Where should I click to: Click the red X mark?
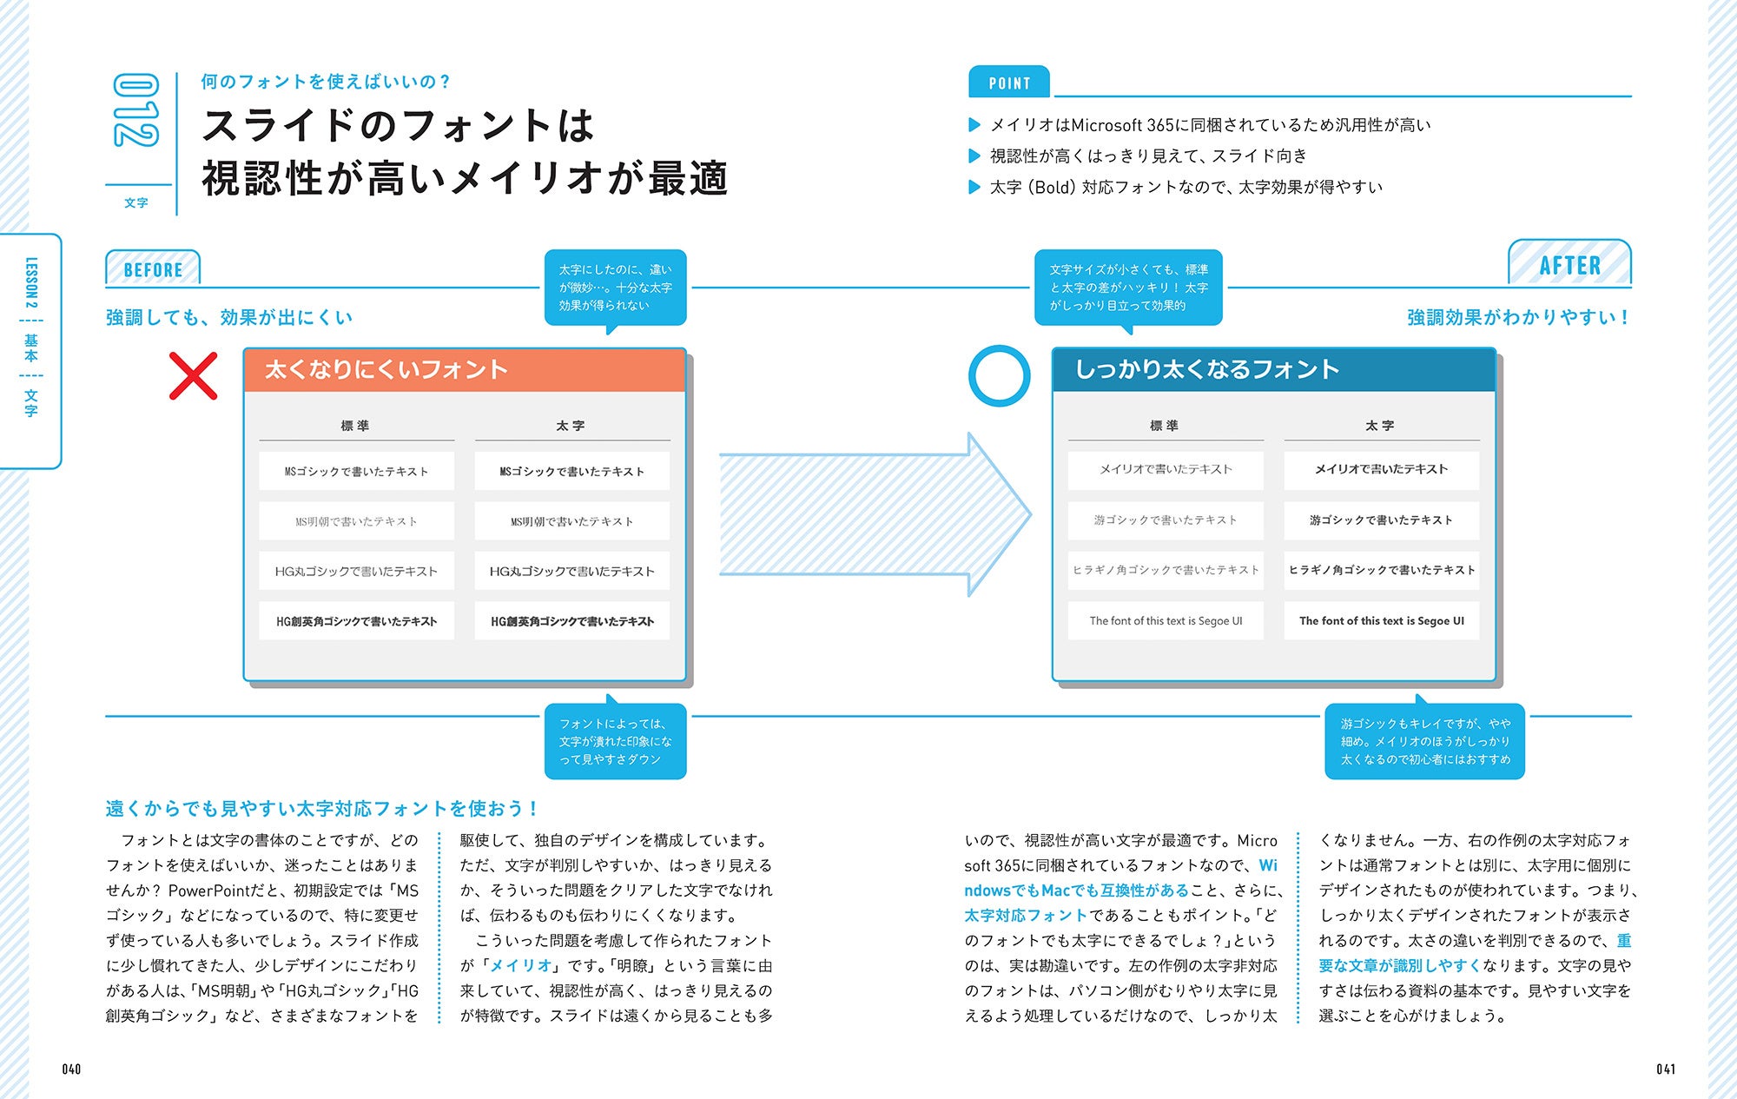coord(193,376)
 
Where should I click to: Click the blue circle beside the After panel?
coord(999,376)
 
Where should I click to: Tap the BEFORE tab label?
coord(153,269)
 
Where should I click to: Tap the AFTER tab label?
coord(1569,265)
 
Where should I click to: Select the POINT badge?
coord(1009,83)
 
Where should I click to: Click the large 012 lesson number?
coord(136,110)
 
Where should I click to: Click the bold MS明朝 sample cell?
coord(571,521)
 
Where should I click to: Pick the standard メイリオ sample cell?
coord(1166,469)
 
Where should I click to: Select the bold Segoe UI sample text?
coord(1381,621)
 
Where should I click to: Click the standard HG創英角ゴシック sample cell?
coord(356,621)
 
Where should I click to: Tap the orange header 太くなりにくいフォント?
coord(465,370)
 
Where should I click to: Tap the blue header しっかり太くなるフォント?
coord(1273,370)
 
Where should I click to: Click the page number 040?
coord(71,1069)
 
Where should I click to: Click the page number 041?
coord(1665,1069)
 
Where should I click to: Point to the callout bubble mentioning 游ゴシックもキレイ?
coord(1424,741)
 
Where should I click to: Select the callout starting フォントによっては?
coord(615,741)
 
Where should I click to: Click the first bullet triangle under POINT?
coord(974,125)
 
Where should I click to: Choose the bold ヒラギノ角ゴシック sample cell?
coord(1381,571)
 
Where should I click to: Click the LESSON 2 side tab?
coord(31,348)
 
